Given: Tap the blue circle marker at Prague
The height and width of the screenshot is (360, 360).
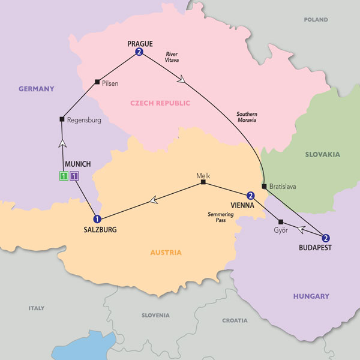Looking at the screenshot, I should [139, 53].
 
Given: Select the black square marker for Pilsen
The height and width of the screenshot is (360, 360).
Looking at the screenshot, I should [97, 82].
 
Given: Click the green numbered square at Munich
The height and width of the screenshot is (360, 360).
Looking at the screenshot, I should [63, 176].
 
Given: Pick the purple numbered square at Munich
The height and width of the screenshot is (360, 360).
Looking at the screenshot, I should [74, 176].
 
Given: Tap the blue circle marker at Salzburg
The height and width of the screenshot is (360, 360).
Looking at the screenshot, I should [97, 219].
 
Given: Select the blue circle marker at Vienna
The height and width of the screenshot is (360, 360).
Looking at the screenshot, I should [250, 195].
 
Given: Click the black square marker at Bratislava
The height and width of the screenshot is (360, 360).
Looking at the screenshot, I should [264, 187].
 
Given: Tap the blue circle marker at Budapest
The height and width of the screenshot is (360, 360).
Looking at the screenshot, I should [326, 237].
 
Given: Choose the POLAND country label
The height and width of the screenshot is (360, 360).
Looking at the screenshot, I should [316, 20].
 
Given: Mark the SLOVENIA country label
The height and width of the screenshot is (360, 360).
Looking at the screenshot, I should [155, 315].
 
